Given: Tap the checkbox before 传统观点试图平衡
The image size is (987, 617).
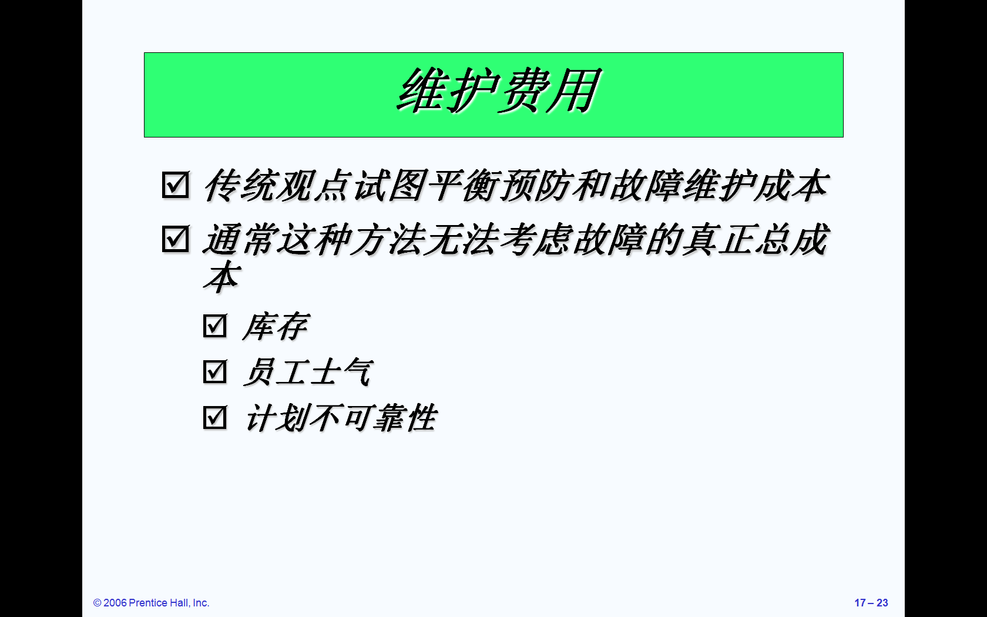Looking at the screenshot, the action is pyautogui.click(x=176, y=185).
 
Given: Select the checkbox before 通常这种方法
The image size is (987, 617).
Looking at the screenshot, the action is pyautogui.click(x=176, y=239).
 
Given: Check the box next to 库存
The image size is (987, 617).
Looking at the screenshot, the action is pyautogui.click(x=215, y=326).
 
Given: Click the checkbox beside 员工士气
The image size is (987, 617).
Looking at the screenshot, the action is pyautogui.click(x=215, y=371).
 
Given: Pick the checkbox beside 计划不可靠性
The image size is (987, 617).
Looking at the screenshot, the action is pyautogui.click(x=215, y=417).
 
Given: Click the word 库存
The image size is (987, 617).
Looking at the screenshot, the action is pyautogui.click(x=276, y=327).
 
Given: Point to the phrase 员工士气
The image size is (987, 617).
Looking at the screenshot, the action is pyautogui.click(x=308, y=372).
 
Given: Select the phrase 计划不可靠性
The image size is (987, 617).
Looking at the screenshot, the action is pyautogui.click(x=341, y=418).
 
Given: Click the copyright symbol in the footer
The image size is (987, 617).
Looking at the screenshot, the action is pyautogui.click(x=98, y=603).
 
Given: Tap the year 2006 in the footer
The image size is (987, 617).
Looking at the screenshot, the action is pyautogui.click(x=115, y=603).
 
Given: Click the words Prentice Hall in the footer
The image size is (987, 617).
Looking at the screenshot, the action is pyautogui.click(x=159, y=603).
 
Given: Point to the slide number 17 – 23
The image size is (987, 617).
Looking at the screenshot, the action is pyautogui.click(x=871, y=603).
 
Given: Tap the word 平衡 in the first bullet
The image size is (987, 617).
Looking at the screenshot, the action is pyautogui.click(x=463, y=185).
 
